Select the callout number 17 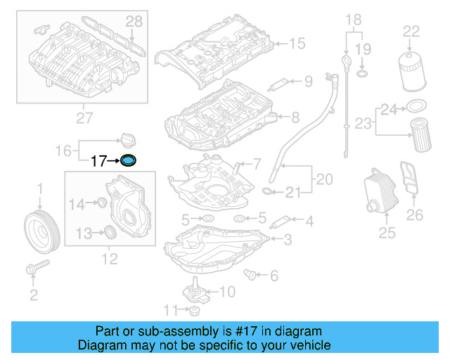(98, 161)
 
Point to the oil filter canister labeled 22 (411, 68)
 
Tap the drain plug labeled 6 (248, 273)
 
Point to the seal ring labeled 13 (110, 232)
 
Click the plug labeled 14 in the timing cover (101, 204)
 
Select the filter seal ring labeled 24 (416, 106)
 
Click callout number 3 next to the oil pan (288, 240)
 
